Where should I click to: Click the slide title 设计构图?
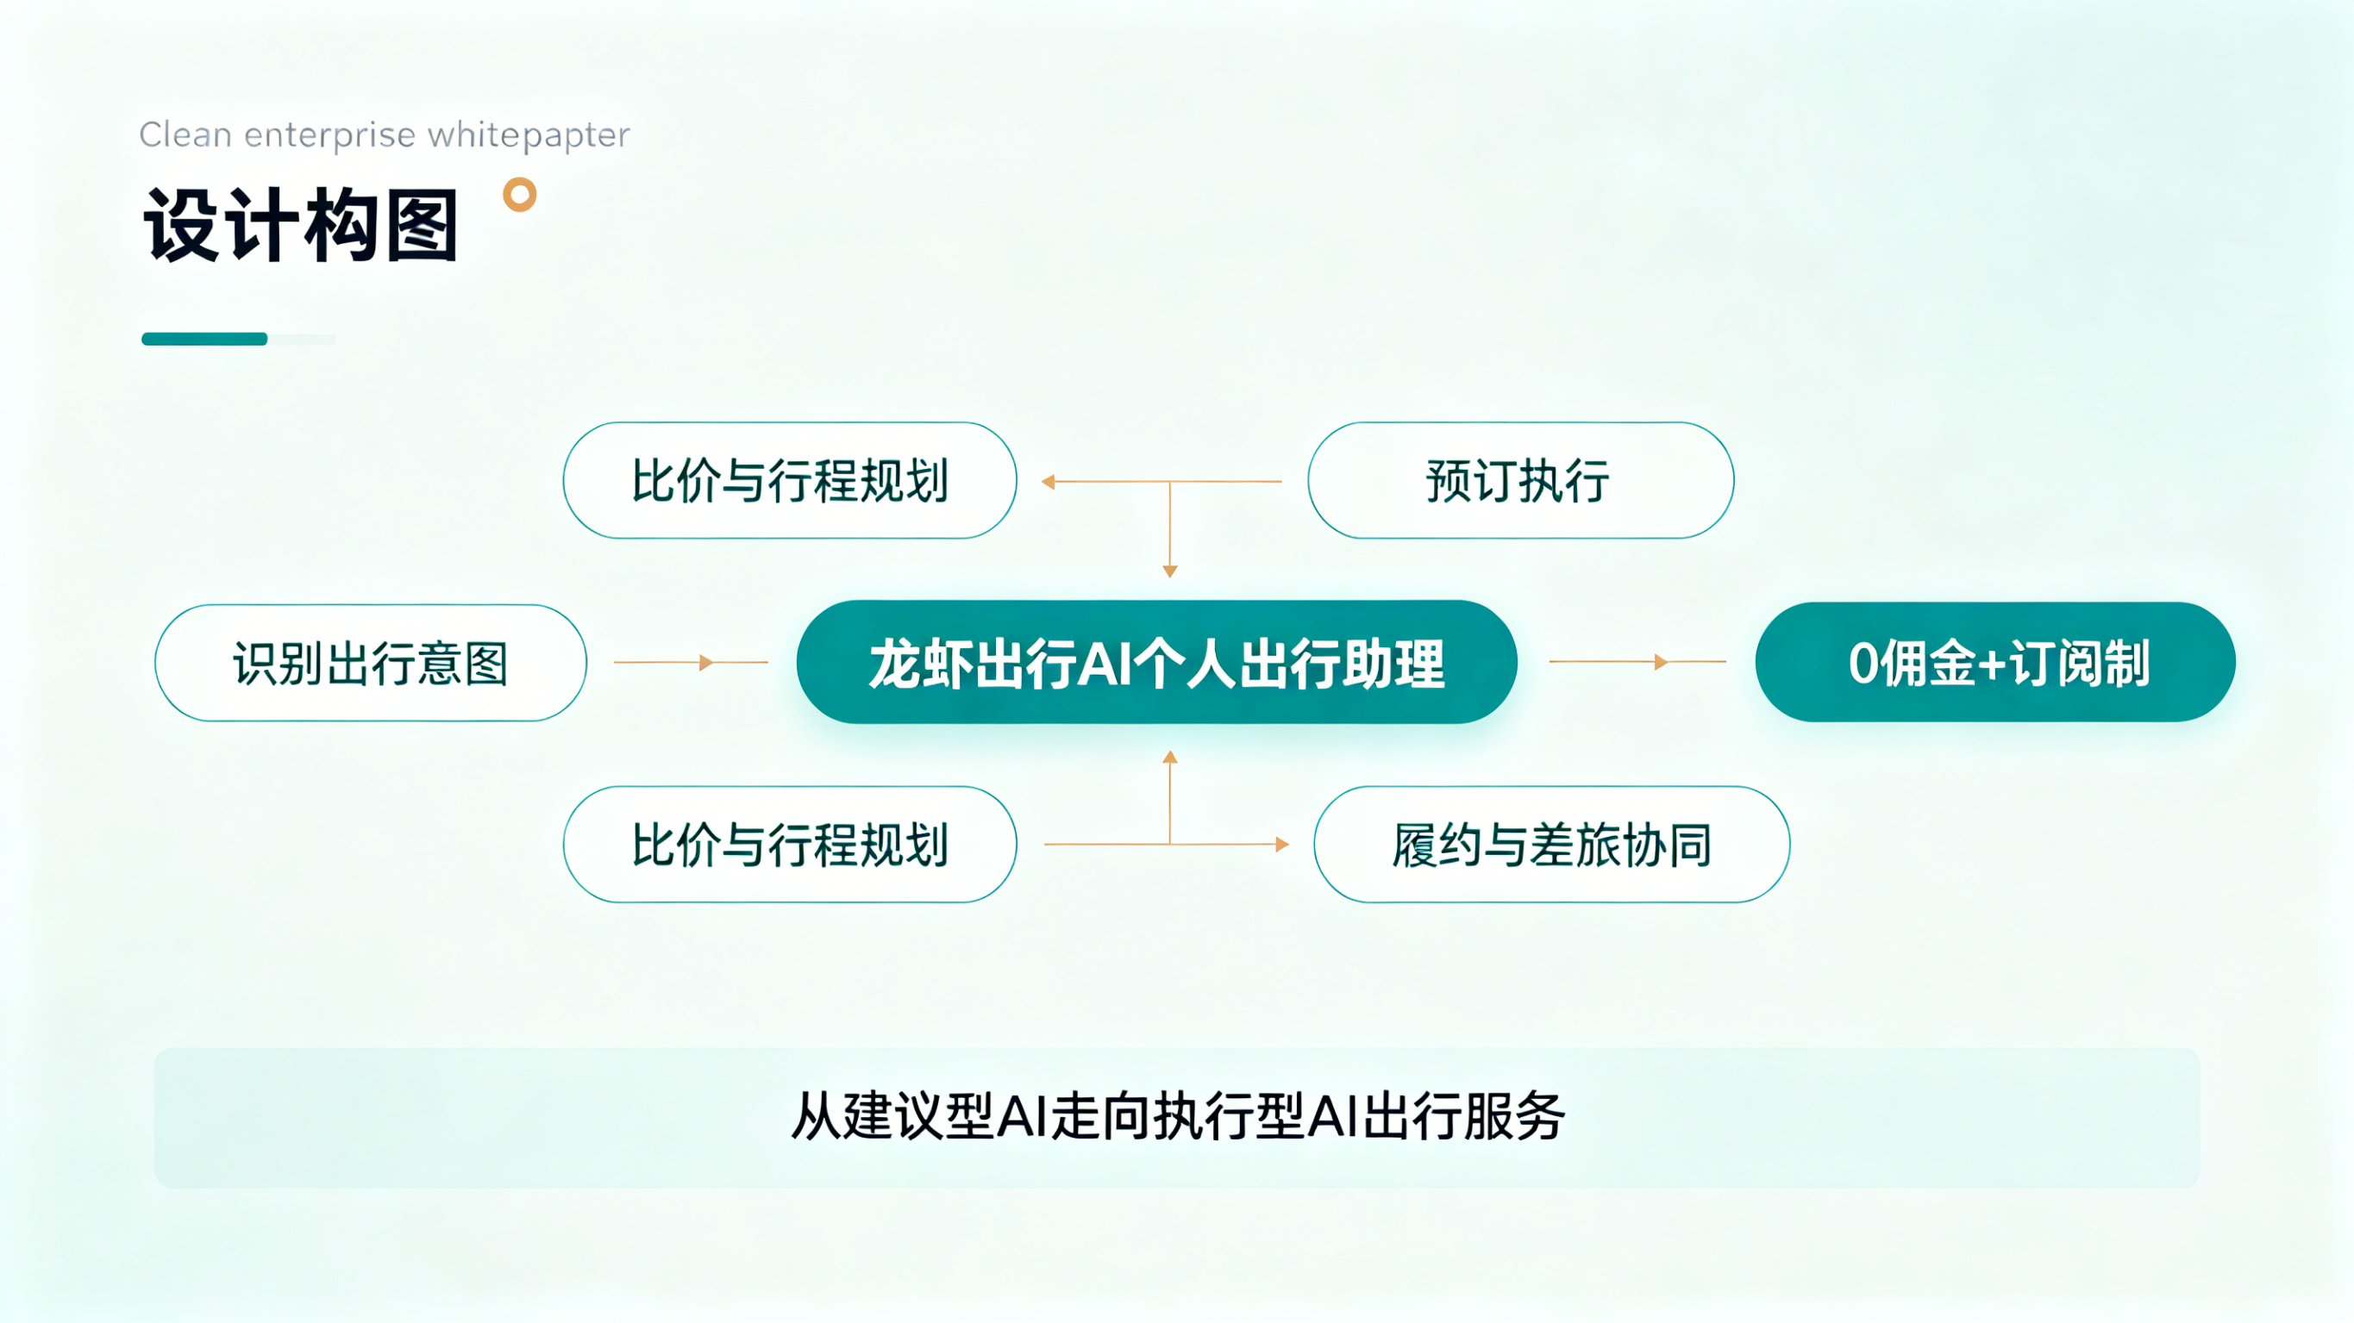click(x=301, y=225)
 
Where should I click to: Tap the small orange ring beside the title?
click(x=520, y=195)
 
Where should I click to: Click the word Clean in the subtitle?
click(x=185, y=134)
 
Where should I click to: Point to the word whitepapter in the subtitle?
click(x=529, y=135)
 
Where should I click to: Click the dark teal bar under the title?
click(x=204, y=339)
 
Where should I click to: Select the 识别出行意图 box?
click(x=371, y=663)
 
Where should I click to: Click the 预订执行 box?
click(x=1520, y=481)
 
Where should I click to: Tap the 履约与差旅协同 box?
click(x=1552, y=845)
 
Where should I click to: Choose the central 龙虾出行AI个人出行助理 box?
click(x=1157, y=663)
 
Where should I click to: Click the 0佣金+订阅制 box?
click(x=1996, y=663)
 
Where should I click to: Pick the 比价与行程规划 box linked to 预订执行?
click(x=791, y=481)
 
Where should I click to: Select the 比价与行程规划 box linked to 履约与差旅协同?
click(x=791, y=845)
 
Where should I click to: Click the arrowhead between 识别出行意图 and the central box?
click(x=705, y=663)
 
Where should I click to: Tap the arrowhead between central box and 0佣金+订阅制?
click(x=1662, y=662)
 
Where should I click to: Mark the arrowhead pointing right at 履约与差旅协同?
click(x=1282, y=845)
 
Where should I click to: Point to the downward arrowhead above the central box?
click(x=1170, y=571)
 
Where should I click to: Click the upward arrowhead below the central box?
click(x=1170, y=757)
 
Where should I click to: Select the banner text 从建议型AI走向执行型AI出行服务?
click(x=1177, y=1116)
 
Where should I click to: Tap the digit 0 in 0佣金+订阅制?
click(x=1863, y=664)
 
